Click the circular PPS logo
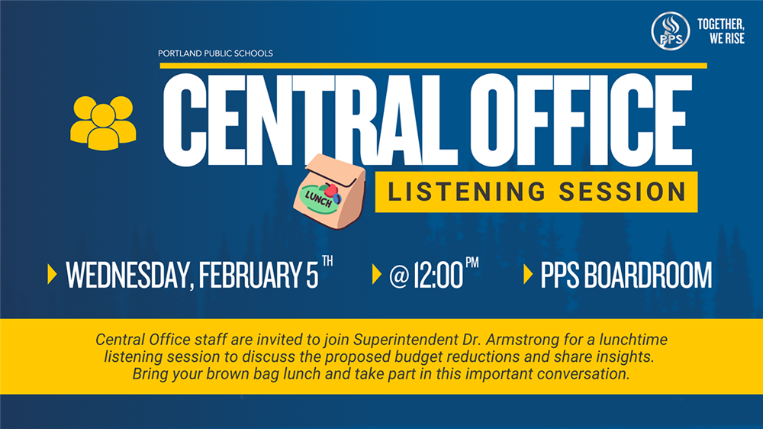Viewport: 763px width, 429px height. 671,31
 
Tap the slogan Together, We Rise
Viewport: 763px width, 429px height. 721,31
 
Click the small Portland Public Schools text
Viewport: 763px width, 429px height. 215,53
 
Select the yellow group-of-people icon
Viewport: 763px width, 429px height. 103,123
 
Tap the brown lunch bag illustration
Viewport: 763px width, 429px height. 330,192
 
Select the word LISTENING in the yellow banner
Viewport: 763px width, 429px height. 467,192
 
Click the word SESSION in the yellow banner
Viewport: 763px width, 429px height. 623,192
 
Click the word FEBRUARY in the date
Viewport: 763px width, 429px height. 250,275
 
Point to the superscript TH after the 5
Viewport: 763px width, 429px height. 327,261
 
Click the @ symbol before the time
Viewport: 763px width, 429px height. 398,276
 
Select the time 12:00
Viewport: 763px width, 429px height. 439,276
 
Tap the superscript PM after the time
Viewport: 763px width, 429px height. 472,263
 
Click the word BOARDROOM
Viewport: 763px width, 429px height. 648,275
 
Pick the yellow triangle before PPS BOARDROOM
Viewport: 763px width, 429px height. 528,274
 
